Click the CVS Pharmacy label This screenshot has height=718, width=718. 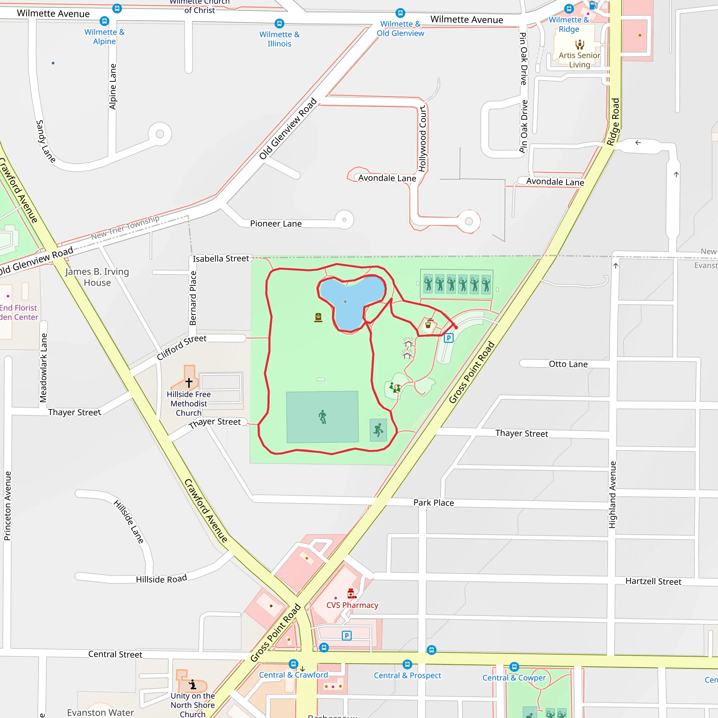pos(352,605)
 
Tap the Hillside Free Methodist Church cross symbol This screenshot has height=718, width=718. pos(189,382)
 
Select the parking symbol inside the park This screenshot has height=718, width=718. pos(448,338)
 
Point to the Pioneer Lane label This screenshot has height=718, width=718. pos(276,224)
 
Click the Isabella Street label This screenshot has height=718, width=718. pos(221,259)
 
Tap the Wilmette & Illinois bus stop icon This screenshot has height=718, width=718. pos(279,23)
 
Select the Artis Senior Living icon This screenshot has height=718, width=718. pos(580,45)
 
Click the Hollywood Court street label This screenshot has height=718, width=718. pos(422,138)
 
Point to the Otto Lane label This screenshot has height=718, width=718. pos(568,364)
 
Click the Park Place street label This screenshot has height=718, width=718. pos(434,503)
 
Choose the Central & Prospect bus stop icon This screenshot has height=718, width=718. pos(407,664)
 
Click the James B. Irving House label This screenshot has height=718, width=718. pos(97,277)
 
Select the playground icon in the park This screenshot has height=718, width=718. pos(395,388)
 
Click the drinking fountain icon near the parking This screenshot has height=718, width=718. pos(428,324)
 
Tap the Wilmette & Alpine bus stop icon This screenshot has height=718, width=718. pos(104,21)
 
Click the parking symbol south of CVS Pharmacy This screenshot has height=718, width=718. pos(346,636)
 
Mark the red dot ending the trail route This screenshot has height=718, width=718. pos(456,327)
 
